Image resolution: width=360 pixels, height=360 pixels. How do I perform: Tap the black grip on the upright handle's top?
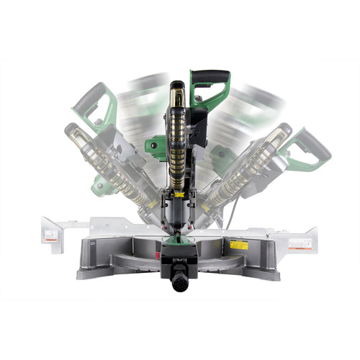(210, 75)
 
